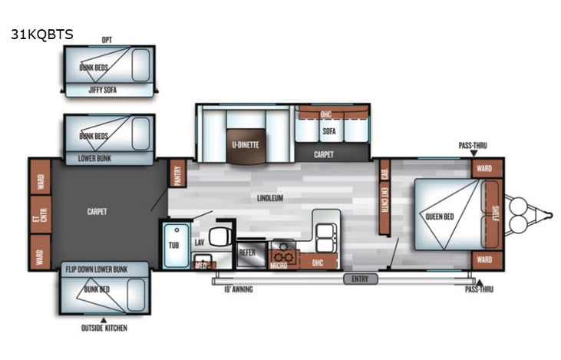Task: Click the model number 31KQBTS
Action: click(42, 35)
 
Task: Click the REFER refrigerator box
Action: click(247, 251)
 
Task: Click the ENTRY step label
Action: click(360, 279)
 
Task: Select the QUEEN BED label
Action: click(440, 216)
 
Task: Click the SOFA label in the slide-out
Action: click(329, 131)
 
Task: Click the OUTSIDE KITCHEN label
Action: click(104, 329)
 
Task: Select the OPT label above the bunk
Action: click(107, 39)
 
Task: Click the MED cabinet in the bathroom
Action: click(201, 265)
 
